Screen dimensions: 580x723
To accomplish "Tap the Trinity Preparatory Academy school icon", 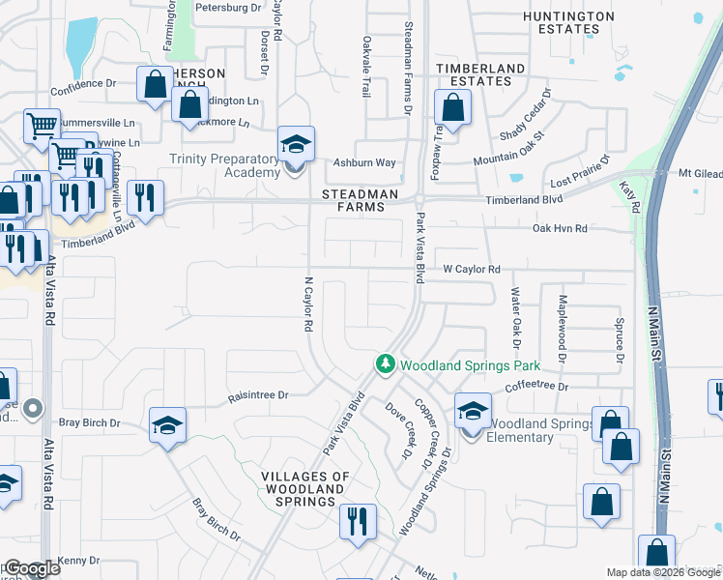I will pyautogui.click(x=296, y=145).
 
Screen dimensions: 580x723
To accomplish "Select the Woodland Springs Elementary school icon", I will pyautogui.click(x=473, y=412).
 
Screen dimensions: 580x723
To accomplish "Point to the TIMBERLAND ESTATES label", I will pyautogui.click(x=479, y=74).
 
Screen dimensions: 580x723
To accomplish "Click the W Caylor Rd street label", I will pyautogui.click(x=472, y=269).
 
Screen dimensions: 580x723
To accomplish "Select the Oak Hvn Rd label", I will pyautogui.click(x=561, y=228).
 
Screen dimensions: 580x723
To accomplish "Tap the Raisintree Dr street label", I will pyautogui.click(x=258, y=395).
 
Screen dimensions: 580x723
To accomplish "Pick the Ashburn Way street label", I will pyautogui.click(x=364, y=163).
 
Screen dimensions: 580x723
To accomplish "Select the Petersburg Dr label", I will pyautogui.click(x=228, y=8).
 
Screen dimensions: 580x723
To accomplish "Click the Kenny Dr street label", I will pyautogui.click(x=79, y=561).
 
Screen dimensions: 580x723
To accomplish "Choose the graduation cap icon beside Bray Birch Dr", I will pyautogui.click(x=167, y=424).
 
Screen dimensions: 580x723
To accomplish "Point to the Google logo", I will pyautogui.click(x=31, y=568).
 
